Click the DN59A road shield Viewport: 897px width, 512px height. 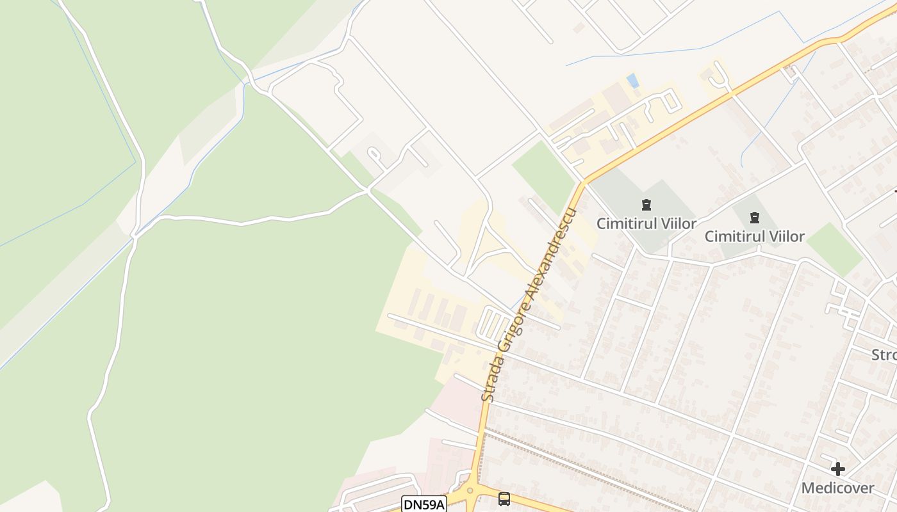tap(424, 504)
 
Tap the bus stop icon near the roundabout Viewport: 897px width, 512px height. tap(504, 499)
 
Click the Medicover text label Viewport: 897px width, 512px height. tap(837, 488)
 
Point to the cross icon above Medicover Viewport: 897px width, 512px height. tap(837, 469)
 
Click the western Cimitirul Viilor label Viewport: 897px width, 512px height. tap(646, 223)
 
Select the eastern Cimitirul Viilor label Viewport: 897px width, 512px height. tap(754, 236)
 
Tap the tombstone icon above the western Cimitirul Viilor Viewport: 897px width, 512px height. tap(646, 205)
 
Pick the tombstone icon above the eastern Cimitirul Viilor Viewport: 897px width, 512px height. tap(754, 218)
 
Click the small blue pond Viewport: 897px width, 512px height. tap(633, 81)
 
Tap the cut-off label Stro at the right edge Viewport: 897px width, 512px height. tap(884, 355)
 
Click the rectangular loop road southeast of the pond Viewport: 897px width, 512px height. tap(670, 100)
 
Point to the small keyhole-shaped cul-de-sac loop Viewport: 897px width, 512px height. tap(374, 156)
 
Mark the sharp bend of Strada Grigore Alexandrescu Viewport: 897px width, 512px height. tap(583, 184)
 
